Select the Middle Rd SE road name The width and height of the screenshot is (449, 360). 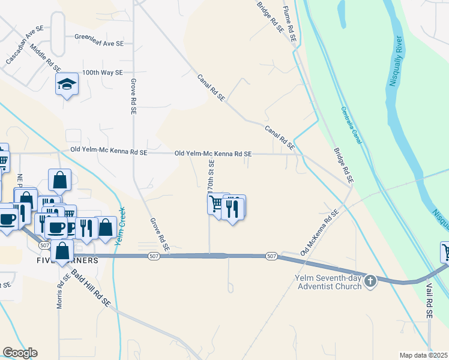coord(46,58)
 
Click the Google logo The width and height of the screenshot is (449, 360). coord(20,353)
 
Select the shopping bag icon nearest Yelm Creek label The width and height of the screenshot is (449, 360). coord(106,227)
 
